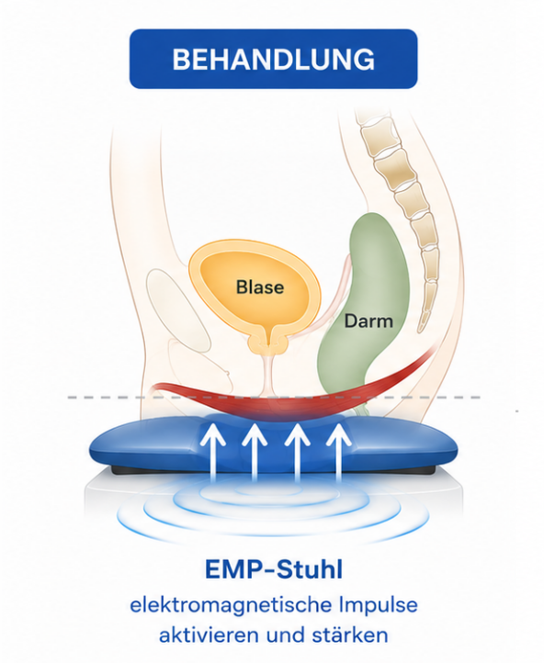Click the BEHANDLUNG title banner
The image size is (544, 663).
tap(273, 59)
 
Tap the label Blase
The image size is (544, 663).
tap(260, 287)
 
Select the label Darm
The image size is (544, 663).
tap(368, 320)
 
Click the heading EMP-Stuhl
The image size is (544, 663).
tap(274, 569)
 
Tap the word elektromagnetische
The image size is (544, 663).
tap(231, 605)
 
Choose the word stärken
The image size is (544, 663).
tap(350, 635)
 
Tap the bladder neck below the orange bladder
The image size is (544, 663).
tap(268, 342)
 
